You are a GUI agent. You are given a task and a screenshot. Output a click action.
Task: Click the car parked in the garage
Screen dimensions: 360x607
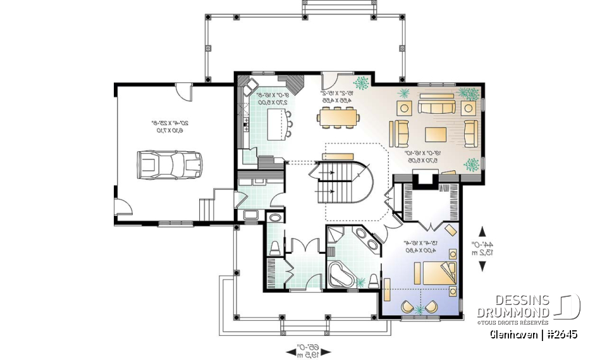[169, 164]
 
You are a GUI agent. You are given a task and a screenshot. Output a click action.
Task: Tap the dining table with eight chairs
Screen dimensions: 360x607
[339, 116]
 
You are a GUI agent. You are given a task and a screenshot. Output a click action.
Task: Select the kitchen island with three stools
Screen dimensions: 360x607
[276, 123]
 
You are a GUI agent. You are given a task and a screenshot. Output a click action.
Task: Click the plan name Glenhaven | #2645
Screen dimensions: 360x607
[532, 334]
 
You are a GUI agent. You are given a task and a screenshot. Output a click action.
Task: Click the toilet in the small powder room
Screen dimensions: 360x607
[274, 247]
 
